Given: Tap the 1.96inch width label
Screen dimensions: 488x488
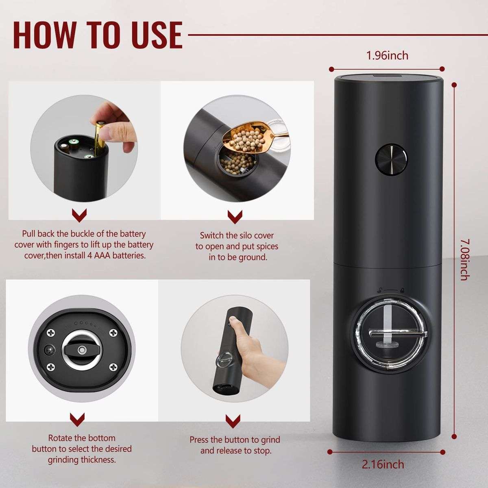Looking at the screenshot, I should pyautogui.click(x=387, y=55).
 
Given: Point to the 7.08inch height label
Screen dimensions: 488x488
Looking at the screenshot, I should pyautogui.click(x=464, y=259).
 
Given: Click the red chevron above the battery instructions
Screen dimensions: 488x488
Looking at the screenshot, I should pyautogui.click(x=79, y=215).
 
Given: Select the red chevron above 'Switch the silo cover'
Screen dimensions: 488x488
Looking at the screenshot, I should pyautogui.click(x=235, y=216).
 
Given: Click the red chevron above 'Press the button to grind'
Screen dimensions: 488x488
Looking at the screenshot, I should pyautogui.click(x=233, y=420).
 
